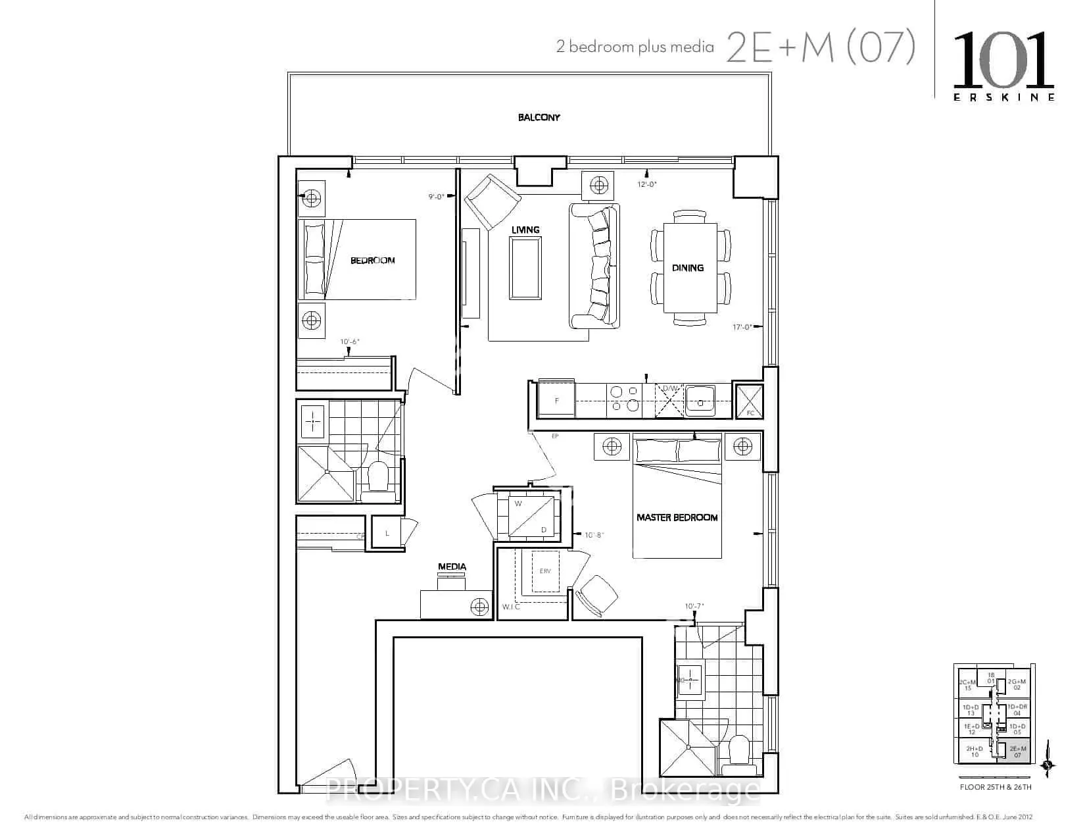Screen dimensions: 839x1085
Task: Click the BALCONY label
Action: coord(539,118)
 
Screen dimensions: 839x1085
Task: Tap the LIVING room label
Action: coord(525,230)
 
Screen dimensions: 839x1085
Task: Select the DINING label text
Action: coord(687,268)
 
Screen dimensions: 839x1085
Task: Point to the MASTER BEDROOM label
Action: coord(677,518)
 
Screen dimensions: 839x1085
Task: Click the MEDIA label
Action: coord(452,567)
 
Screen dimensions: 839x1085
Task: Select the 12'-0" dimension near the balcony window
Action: coord(646,185)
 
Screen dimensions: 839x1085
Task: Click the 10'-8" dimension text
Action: coord(594,536)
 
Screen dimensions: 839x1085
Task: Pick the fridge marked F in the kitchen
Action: coord(556,399)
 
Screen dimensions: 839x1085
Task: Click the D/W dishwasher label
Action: coord(669,389)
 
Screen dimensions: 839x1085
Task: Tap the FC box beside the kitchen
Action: coord(750,401)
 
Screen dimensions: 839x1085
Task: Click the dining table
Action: coord(689,268)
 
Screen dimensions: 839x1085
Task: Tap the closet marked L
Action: coord(387,533)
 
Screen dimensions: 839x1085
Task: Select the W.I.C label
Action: coord(511,607)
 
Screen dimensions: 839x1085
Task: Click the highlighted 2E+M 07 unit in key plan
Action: coord(1018,751)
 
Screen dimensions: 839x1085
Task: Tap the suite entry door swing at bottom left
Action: coord(332,775)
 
